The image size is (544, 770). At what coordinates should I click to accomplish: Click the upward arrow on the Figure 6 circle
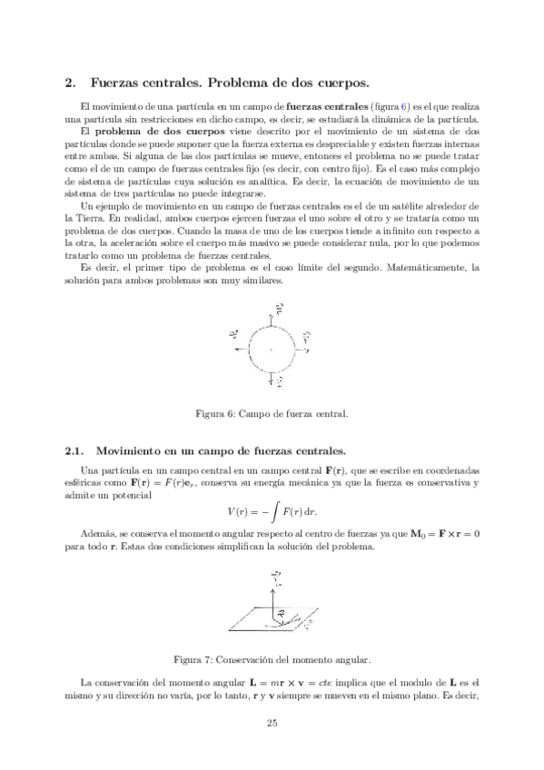tap(272, 316)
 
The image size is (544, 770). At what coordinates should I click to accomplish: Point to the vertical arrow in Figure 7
tap(271, 595)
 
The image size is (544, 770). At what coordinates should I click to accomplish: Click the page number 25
tap(272, 723)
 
